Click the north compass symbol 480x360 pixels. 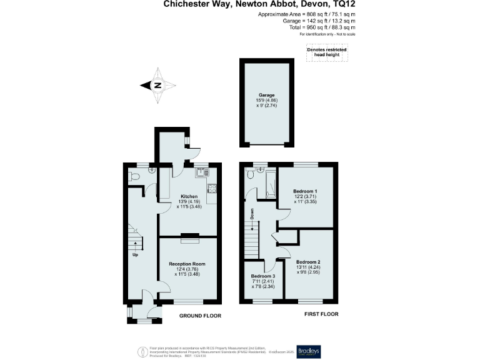click(x=158, y=86)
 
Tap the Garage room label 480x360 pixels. click(x=266, y=95)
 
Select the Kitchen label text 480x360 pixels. click(x=172, y=196)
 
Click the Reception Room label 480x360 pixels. click(x=187, y=264)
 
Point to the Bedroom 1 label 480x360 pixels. click(x=307, y=191)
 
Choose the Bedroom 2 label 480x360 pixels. click(x=309, y=261)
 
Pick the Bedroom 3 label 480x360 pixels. click(x=262, y=276)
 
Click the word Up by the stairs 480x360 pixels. click(x=134, y=254)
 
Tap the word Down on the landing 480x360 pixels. click(x=252, y=214)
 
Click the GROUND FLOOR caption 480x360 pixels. click(x=201, y=316)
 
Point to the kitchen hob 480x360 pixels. click(x=211, y=187)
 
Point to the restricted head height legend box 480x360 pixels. click(x=326, y=54)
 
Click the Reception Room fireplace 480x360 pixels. click(x=189, y=236)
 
